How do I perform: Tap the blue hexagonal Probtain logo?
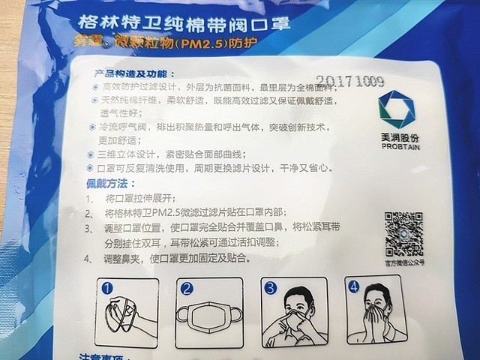[394, 109]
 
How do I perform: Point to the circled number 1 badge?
[108, 287]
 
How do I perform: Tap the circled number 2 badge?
[187, 287]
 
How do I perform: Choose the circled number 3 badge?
[270, 287]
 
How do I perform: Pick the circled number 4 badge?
[352, 286]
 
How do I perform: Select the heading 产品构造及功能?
[135, 73]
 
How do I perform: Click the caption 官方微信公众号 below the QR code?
[405, 262]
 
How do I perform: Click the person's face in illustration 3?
[296, 303]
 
